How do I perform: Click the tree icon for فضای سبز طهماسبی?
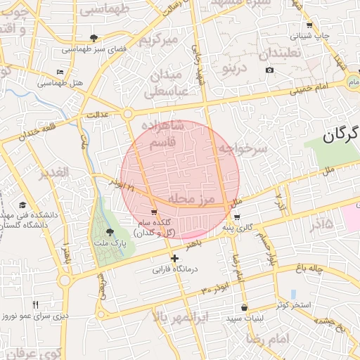click(x=94, y=38)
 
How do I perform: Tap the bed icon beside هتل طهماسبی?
click(x=60, y=72)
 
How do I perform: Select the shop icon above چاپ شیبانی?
click(x=309, y=25)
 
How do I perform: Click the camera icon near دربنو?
click(x=270, y=70)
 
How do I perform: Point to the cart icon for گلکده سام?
click(x=154, y=212)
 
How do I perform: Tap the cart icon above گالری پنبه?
click(x=237, y=217)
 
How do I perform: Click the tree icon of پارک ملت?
click(x=109, y=232)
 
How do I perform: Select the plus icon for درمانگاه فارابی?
click(x=175, y=259)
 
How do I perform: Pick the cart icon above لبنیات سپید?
click(x=244, y=307)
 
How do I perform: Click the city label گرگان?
click(x=340, y=134)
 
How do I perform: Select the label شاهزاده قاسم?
click(x=173, y=134)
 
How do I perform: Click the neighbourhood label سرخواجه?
click(x=243, y=148)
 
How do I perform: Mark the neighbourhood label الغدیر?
click(x=54, y=172)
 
